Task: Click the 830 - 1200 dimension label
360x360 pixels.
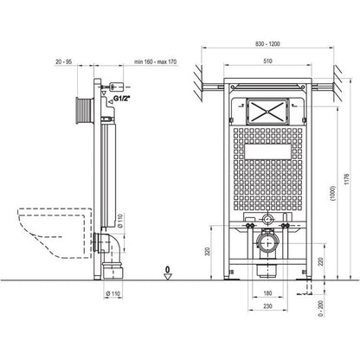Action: (267, 44)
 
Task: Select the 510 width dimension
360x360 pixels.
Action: (267, 61)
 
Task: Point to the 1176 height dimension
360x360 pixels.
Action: (347, 179)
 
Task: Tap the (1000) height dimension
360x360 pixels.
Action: (333, 193)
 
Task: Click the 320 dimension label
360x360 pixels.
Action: (208, 252)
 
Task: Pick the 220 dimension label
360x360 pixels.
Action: (321, 262)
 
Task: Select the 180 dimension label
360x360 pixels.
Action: (267, 293)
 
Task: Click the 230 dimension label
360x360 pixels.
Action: (267, 306)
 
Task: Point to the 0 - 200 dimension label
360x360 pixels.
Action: (321, 308)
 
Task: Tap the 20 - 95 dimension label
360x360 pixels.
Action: (63, 61)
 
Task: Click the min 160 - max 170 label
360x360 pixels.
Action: (155, 61)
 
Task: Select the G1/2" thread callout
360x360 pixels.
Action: (121, 99)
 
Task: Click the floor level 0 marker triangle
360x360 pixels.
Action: (168, 276)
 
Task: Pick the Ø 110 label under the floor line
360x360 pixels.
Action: (112, 293)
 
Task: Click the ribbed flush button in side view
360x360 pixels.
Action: (85, 111)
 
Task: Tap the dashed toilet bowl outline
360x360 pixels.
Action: (55, 233)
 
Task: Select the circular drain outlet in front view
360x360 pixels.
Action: (267, 243)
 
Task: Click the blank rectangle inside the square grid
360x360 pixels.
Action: (267, 151)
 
